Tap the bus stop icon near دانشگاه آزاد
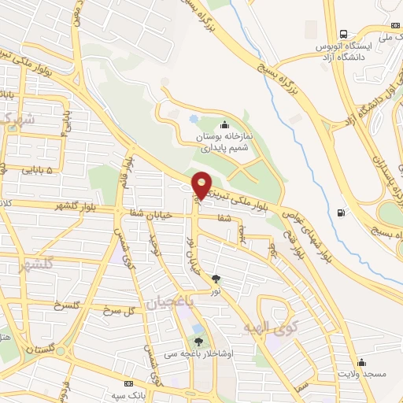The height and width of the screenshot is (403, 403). [343, 34]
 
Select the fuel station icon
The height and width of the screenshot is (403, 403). [340, 212]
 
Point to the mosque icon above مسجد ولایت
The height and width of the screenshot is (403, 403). [361, 362]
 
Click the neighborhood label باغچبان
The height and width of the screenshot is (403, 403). [166, 301]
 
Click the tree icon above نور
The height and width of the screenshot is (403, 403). [216, 279]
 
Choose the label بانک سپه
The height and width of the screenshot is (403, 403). [129, 394]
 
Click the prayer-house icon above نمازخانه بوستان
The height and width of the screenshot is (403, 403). [226, 124]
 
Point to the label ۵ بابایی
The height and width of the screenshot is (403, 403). [37, 169]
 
